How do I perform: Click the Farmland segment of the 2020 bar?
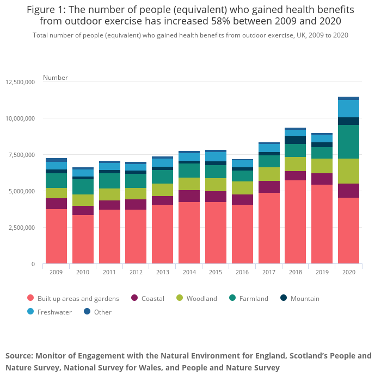coord(348,142)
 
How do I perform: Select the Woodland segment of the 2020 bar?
coord(348,171)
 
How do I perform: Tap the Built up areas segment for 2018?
coord(295,222)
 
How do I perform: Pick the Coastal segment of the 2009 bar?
coord(56,204)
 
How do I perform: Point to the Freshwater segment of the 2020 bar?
coord(348,109)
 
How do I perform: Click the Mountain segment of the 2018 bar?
coord(295,140)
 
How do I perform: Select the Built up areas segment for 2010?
coord(83,239)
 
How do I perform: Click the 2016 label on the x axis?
coord(242,272)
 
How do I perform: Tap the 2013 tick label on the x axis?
coord(162,272)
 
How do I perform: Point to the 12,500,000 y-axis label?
coord(20,82)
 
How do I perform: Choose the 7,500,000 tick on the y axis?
coord(22,155)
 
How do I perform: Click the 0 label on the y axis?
coord(33,264)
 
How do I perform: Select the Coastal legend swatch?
coord(134,298)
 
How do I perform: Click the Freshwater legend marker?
coord(30,312)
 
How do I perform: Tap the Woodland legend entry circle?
coord(180,298)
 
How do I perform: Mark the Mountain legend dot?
coord(284,298)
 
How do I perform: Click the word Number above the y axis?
coord(56,78)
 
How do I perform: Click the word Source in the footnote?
coord(19,356)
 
